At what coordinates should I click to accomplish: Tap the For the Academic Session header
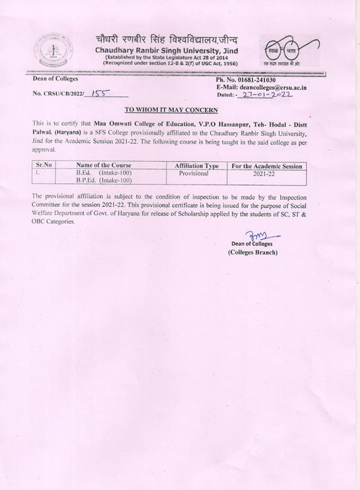(x=266, y=165)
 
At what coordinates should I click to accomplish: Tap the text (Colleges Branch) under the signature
(x=252, y=252)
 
